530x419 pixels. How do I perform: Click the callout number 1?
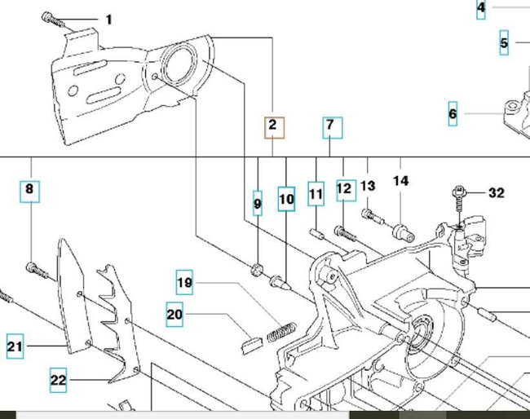click(x=109, y=20)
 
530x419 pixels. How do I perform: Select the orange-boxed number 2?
click(x=273, y=126)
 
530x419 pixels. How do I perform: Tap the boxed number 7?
click(x=330, y=126)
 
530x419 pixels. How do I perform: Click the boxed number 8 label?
click(x=29, y=192)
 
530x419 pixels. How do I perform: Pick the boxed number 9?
click(x=258, y=203)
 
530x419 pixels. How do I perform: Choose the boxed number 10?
click(x=285, y=199)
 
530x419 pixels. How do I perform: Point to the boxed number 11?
click(x=316, y=195)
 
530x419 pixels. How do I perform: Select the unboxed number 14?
click(x=400, y=181)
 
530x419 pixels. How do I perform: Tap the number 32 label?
click(x=496, y=193)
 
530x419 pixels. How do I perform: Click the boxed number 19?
click(x=185, y=284)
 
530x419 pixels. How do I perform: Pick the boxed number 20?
click(x=174, y=315)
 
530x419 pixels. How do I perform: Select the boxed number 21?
click(x=15, y=346)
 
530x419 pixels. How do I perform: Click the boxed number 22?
click(x=58, y=379)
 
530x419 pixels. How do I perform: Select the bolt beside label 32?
click(x=459, y=196)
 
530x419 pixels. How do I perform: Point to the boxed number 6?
click(x=453, y=114)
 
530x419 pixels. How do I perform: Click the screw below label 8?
click(x=33, y=267)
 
